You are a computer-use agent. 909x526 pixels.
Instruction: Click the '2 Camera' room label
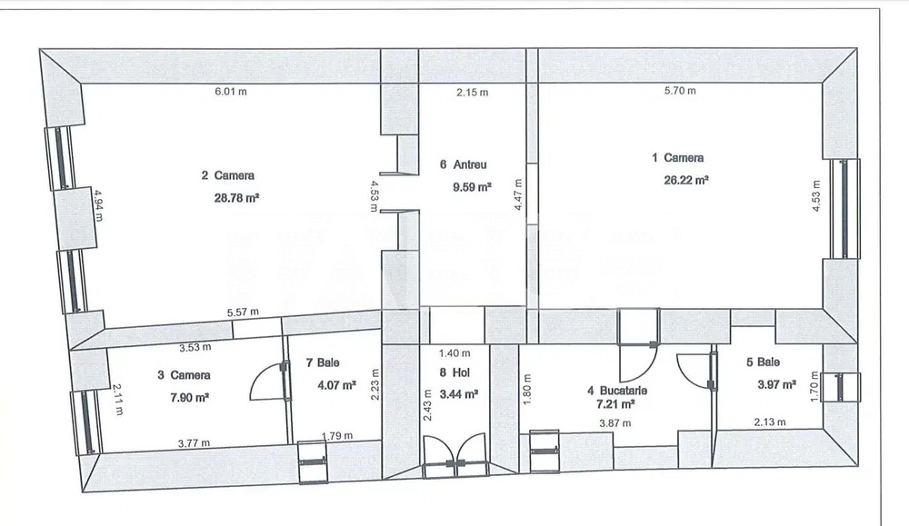point(227,175)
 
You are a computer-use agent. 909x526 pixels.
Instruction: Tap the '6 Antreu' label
point(463,165)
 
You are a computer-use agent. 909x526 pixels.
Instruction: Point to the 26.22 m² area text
point(686,180)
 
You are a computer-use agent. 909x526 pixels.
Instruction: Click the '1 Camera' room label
point(678,158)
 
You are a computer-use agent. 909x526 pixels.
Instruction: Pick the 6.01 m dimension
point(230,92)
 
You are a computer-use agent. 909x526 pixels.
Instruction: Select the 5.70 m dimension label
point(680,91)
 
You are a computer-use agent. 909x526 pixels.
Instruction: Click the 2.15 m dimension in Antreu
point(472,93)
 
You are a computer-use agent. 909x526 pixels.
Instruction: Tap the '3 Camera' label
point(184,375)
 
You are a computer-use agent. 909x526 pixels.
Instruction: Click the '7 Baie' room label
point(322,363)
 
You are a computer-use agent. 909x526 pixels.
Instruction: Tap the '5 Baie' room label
point(763,362)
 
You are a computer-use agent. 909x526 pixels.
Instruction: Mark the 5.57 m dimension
point(243,313)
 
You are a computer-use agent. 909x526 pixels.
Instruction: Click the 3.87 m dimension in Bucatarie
point(615,423)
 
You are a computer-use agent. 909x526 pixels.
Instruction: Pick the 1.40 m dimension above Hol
point(454,353)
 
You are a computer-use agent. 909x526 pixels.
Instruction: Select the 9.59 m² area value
point(472,187)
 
